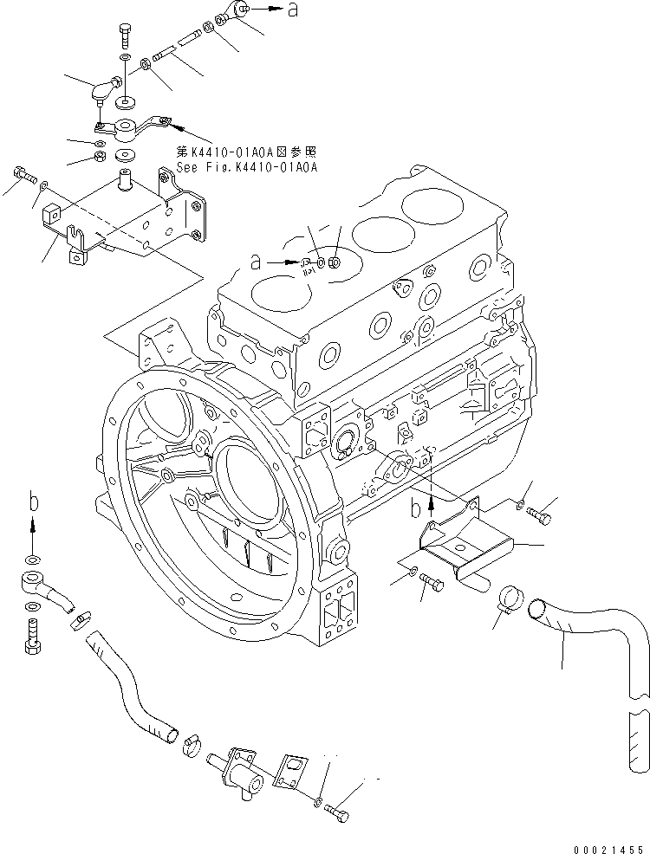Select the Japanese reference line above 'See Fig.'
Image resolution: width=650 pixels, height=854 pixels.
click(247, 152)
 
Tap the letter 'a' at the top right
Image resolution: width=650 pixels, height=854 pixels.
click(294, 10)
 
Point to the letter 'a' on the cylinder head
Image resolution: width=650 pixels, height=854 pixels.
click(255, 258)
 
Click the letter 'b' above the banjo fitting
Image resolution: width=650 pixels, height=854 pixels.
click(32, 501)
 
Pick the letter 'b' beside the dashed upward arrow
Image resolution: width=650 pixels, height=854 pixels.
click(416, 506)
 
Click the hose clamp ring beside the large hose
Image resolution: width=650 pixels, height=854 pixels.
click(510, 597)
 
